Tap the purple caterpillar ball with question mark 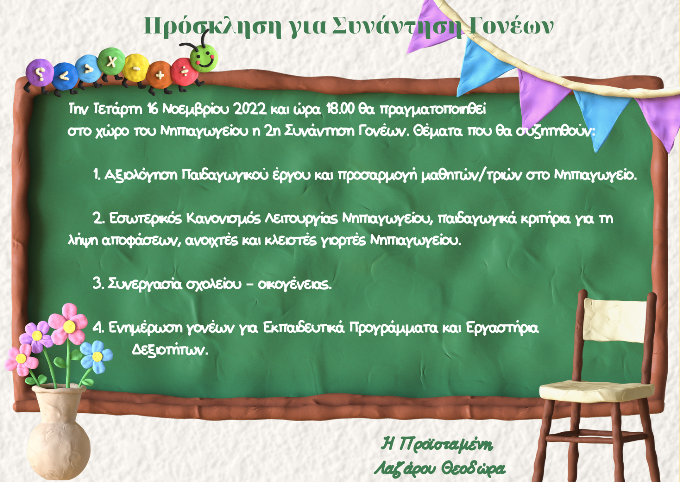click(x=39, y=73)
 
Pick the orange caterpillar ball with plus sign click(x=160, y=75)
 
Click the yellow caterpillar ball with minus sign click(x=136, y=68)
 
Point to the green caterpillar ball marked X click(x=112, y=61)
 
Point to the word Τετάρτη click(x=118, y=109)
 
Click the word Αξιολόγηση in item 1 click(x=141, y=175)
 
